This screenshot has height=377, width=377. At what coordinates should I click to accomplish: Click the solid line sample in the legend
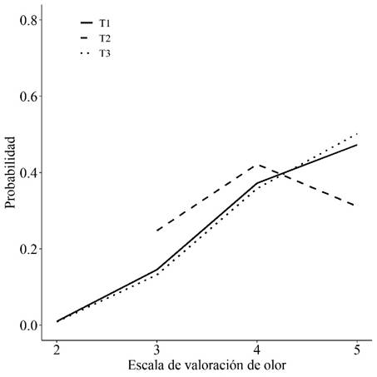85,23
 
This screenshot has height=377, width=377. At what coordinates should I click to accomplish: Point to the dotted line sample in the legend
85,53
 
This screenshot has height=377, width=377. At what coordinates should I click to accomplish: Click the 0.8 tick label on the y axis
28,19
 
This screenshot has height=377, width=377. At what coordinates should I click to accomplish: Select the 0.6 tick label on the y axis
28,96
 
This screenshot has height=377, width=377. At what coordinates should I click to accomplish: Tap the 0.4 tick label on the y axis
28,172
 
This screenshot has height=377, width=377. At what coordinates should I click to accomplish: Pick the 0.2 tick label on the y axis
28,249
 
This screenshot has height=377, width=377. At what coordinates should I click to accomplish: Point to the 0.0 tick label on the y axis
28,325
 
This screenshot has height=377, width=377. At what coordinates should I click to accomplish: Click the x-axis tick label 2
57,347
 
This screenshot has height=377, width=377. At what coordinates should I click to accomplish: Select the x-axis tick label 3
157,347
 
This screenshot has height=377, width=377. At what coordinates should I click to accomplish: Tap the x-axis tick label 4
258,347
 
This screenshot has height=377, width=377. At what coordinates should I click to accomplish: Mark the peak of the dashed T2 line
258,164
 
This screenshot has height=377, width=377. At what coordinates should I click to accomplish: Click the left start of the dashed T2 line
157,231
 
